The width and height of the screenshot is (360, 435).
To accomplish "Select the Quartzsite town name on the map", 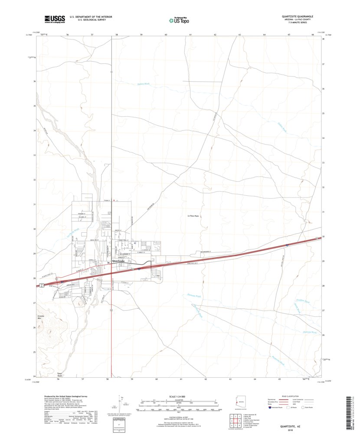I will tap(118, 261).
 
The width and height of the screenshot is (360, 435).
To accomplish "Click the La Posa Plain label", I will tap(193, 216).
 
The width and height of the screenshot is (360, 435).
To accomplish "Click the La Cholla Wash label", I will tap(73, 233).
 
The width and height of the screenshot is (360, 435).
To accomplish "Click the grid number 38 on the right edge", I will tap(323, 39).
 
